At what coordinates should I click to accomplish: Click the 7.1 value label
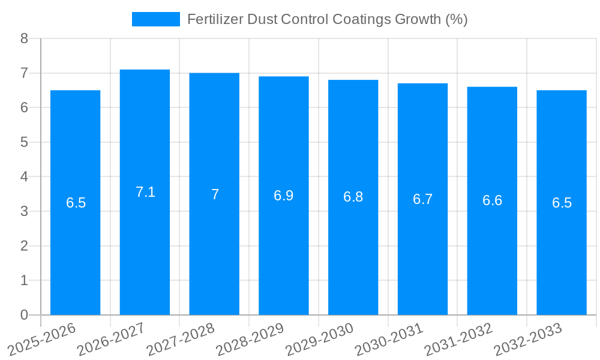[145, 192]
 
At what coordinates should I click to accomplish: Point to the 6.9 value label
[284, 196]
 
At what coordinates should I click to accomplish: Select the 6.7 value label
[422, 199]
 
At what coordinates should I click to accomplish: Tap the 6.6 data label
[492, 200]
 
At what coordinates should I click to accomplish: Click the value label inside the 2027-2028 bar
[215, 194]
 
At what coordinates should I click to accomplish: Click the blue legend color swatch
[155, 19]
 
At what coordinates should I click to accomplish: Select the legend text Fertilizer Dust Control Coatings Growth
[327, 19]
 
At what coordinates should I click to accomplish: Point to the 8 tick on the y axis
[24, 38]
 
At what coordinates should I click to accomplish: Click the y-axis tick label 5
[24, 142]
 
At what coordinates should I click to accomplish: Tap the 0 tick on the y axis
[24, 315]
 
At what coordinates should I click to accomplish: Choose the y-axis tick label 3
[24, 211]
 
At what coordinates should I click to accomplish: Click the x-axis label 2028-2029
[250, 340]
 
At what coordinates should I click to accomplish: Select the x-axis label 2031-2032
[459, 340]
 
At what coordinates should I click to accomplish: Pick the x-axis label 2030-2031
[389, 340]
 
